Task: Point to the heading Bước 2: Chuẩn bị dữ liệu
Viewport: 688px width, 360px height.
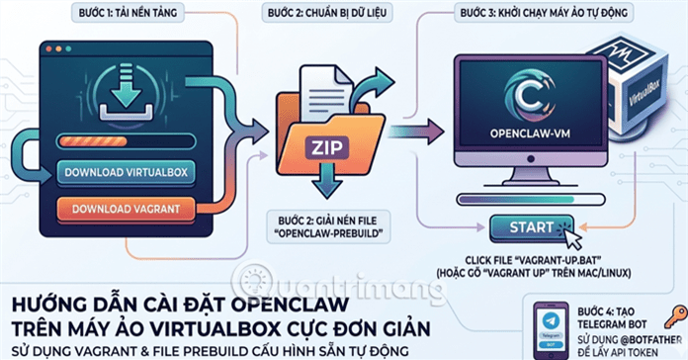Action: tap(325, 14)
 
